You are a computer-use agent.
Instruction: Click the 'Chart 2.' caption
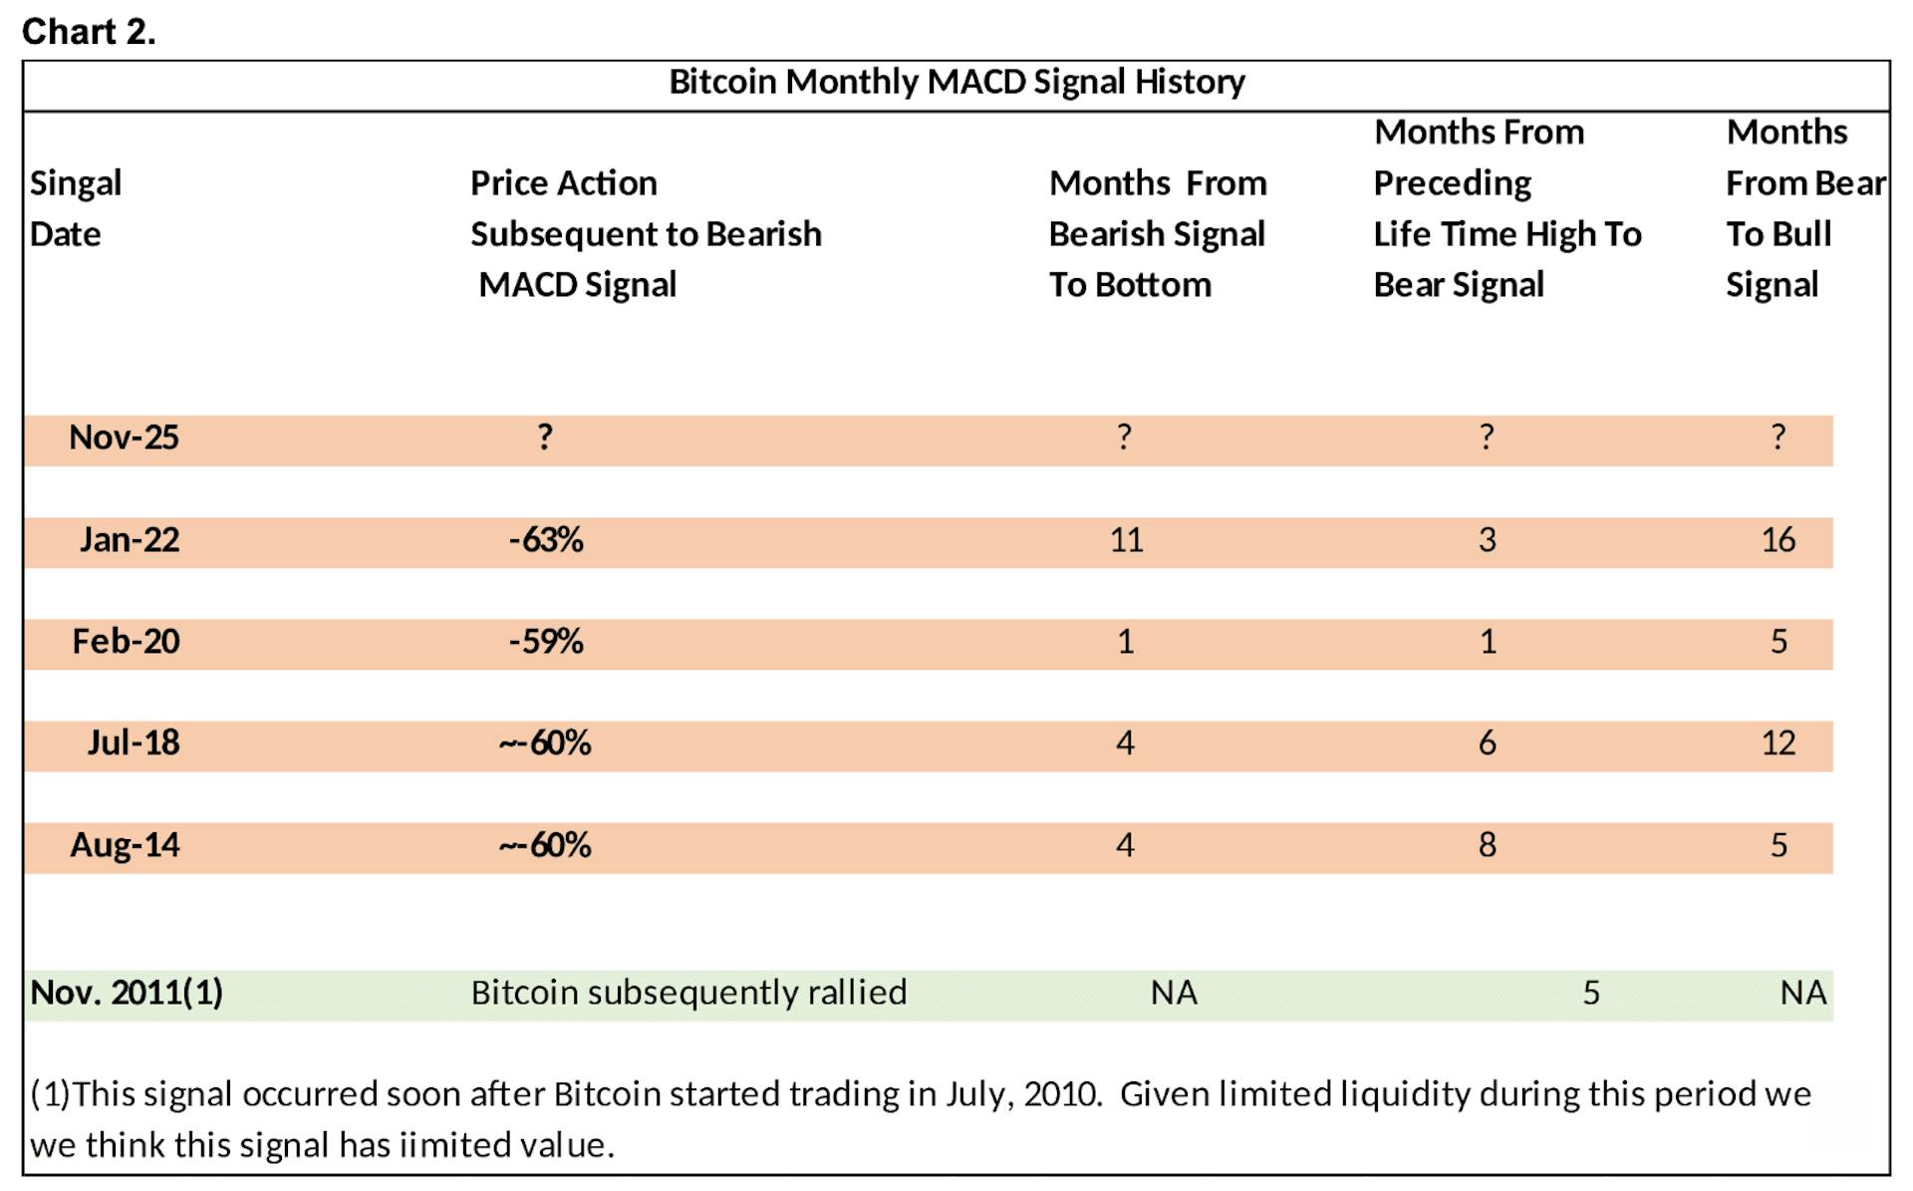pos(89,32)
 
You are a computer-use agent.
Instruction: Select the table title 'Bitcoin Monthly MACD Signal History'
pos(956,82)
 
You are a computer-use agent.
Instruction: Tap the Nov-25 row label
pos(124,438)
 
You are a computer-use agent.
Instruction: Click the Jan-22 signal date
pos(130,540)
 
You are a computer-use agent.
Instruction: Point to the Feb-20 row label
pos(126,641)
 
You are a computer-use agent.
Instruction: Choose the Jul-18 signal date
pos(134,743)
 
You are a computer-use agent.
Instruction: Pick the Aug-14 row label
pos(125,845)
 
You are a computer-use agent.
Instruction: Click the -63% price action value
pos(546,540)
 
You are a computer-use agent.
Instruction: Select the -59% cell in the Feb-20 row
pos(546,641)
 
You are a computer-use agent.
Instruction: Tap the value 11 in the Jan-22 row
pos(1126,540)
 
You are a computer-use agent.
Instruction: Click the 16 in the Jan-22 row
pos(1778,540)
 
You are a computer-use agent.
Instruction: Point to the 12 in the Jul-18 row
pos(1778,743)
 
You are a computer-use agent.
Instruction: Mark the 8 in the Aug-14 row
pos(1487,845)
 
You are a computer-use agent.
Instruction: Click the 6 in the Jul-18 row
pos(1487,743)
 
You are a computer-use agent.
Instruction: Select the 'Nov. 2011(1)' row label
pos(127,993)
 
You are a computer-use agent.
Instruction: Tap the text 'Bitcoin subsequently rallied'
pos(688,993)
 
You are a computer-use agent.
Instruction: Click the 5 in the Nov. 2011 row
pos(1591,993)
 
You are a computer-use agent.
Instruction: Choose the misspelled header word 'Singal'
pos(76,183)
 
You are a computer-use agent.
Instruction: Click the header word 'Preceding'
pos(1452,183)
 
